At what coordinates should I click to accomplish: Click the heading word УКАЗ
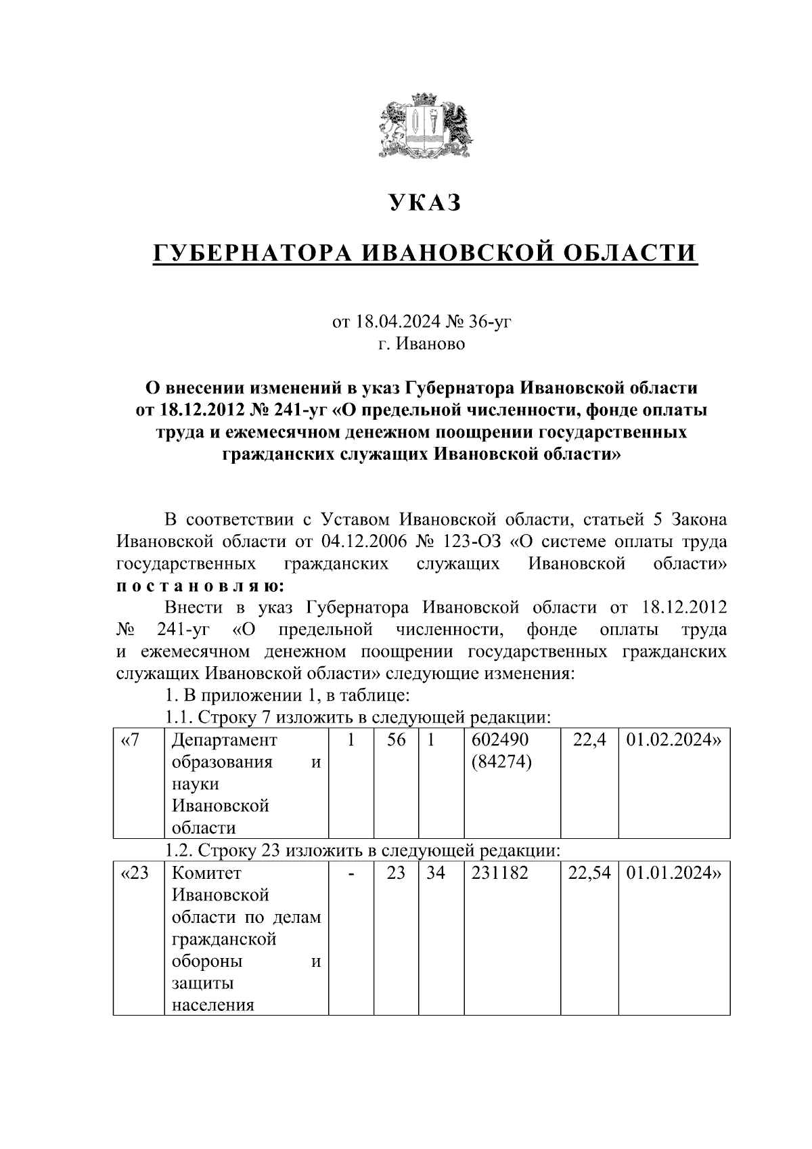click(425, 202)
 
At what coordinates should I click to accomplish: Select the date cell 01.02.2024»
click(674, 740)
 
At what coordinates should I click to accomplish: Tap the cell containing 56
click(396, 740)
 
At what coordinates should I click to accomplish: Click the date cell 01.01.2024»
click(674, 873)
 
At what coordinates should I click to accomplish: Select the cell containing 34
click(436, 873)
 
